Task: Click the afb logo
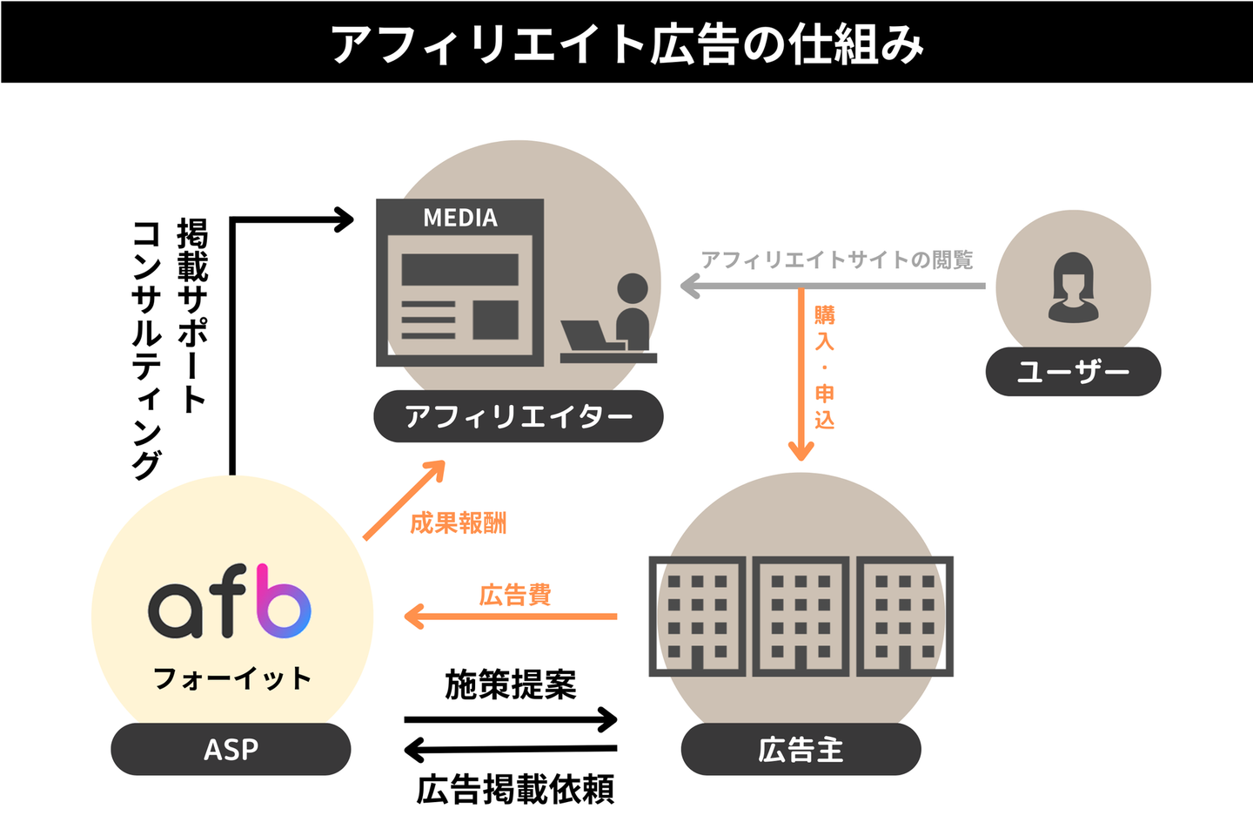tap(230, 601)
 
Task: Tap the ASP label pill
tap(231, 749)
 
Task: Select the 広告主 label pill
tap(801, 749)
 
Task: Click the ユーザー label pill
tap(1073, 372)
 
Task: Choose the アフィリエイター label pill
tap(518, 416)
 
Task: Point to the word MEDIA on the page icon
tap(459, 217)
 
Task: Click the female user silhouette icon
tap(1073, 288)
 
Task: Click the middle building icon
tap(801, 616)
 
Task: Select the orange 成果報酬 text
tap(458, 523)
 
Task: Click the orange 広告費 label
tap(515, 595)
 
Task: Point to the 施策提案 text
tap(510, 684)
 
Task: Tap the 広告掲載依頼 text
tap(515, 790)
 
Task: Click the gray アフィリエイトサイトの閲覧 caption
tap(837, 260)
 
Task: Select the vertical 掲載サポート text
tap(191, 316)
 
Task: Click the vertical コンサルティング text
tap(147, 350)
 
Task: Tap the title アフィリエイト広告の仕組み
tap(626, 44)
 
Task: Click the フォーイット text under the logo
tap(231, 678)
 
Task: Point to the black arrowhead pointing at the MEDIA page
tap(343, 219)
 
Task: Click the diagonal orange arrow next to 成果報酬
tap(404, 500)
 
